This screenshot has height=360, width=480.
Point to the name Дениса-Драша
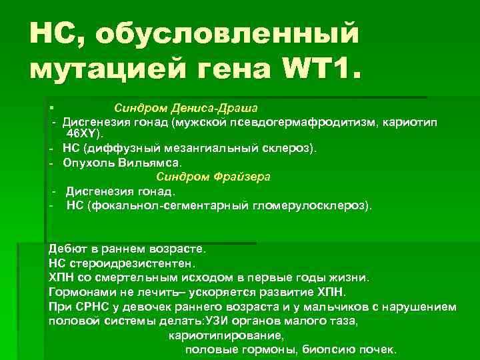pyautogui.click(x=218, y=107)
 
